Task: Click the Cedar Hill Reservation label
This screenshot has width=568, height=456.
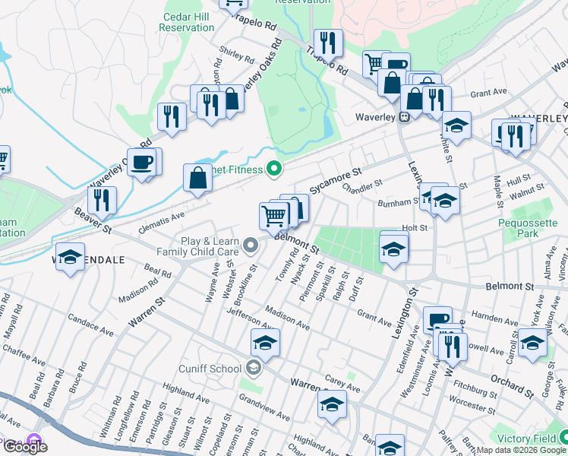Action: [187, 22]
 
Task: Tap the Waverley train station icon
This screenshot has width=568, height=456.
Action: [405, 117]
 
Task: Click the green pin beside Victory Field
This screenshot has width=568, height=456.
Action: [563, 437]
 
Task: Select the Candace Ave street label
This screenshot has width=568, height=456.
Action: [90, 326]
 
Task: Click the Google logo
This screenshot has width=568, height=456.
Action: [25, 447]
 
